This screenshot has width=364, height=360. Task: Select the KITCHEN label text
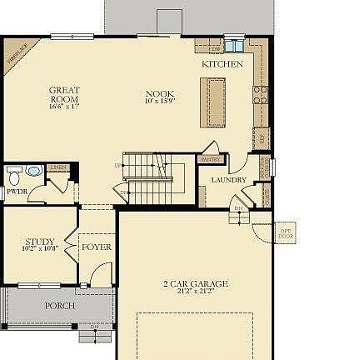222,63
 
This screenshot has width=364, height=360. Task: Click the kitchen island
212,102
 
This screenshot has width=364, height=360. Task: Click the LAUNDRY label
228,180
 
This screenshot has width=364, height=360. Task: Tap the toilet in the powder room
15,175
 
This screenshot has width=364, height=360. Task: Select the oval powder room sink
33,171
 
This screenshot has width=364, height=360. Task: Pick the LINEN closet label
57,167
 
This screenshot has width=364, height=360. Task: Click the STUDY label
39,242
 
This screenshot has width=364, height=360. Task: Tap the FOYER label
97,247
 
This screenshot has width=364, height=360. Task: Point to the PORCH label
60,306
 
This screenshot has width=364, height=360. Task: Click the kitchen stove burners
262,91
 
